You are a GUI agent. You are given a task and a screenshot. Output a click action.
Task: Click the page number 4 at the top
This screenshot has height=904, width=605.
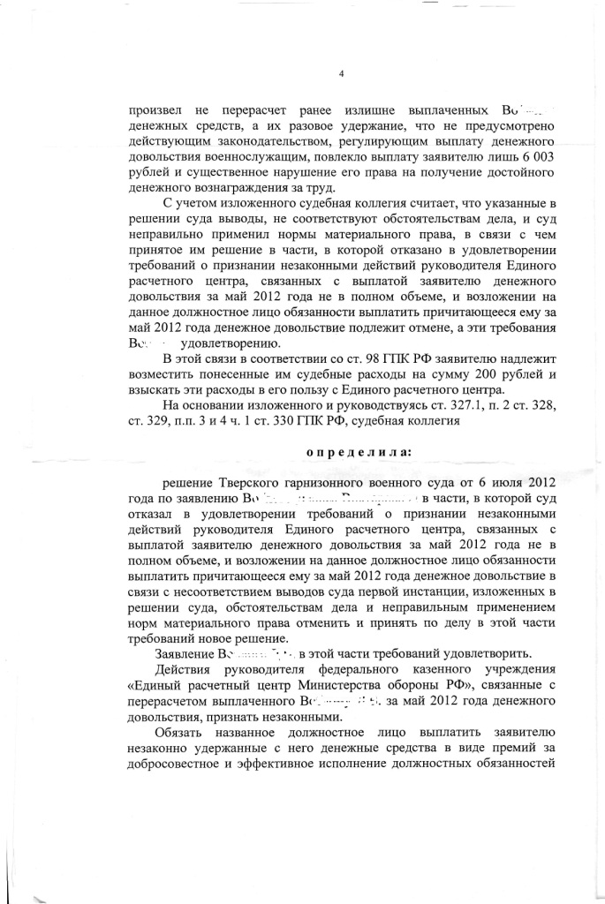(341, 72)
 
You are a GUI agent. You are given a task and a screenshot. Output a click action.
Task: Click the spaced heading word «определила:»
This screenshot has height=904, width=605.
(359, 451)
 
